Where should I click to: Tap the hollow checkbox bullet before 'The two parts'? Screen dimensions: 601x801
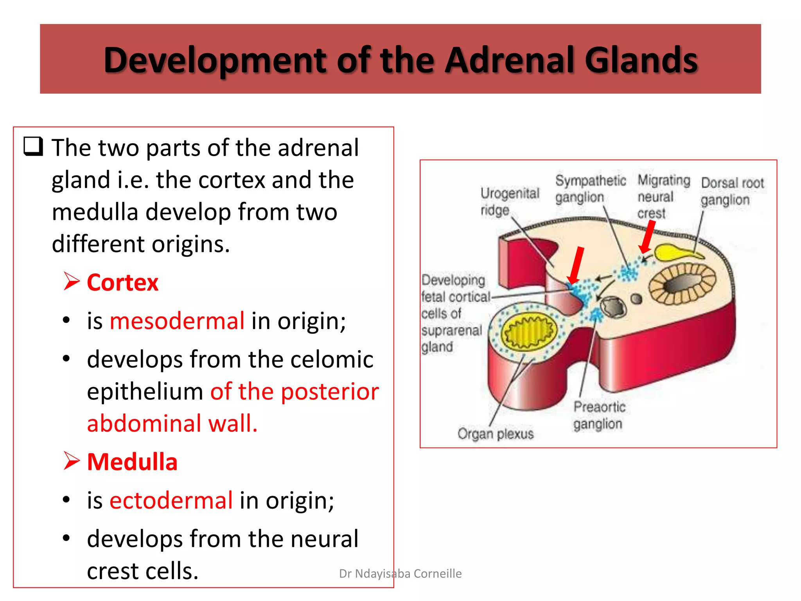pyautogui.click(x=33, y=147)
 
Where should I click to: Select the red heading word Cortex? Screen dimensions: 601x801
pyautogui.click(x=122, y=283)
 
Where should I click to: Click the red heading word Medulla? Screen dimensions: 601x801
pyautogui.click(x=132, y=462)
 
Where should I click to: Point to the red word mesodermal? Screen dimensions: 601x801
pyautogui.click(x=177, y=321)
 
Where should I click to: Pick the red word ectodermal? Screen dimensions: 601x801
pyautogui.click(x=171, y=500)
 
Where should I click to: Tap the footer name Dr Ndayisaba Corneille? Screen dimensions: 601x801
pyautogui.click(x=400, y=574)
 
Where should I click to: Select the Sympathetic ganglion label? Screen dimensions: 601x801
pyautogui.click(x=590, y=189)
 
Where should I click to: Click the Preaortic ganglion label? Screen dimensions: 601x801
pyautogui.click(x=598, y=415)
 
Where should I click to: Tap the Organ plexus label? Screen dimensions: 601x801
pyautogui.click(x=495, y=434)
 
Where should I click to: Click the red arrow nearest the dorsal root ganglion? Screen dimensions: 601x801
pyautogui.click(x=647, y=236)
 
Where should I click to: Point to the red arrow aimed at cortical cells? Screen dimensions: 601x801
pyautogui.click(x=576, y=265)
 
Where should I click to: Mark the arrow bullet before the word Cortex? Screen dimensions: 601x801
pyautogui.click(x=72, y=282)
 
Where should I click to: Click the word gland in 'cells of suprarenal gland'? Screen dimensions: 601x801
pyautogui.click(x=437, y=347)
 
